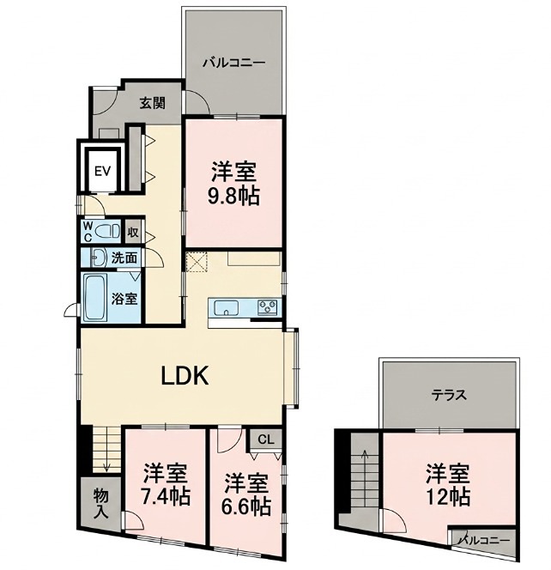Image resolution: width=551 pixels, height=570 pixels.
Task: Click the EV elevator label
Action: pyautogui.click(x=102, y=171)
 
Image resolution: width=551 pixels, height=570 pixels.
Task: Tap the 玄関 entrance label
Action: pyautogui.click(x=153, y=103)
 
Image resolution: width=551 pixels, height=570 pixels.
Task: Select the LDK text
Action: pyautogui.click(x=185, y=375)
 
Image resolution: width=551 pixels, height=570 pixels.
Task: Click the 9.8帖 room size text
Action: pyautogui.click(x=233, y=197)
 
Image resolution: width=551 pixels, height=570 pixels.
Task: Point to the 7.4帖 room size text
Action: pyautogui.click(x=166, y=495)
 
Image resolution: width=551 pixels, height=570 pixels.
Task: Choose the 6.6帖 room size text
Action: pyautogui.click(x=246, y=506)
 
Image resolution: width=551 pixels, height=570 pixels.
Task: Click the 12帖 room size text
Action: pyautogui.click(x=448, y=496)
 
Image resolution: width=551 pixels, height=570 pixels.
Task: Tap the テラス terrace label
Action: pyautogui.click(x=449, y=395)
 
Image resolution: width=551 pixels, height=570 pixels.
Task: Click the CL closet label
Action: pyautogui.click(x=265, y=440)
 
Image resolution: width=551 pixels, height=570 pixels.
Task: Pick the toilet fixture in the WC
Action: pyautogui.click(x=107, y=231)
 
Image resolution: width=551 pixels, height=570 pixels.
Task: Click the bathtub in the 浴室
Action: pyautogui.click(x=95, y=297)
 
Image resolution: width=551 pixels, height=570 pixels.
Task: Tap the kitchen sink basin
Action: pyautogui.click(x=226, y=308)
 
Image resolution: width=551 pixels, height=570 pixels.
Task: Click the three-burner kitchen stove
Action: pyautogui.click(x=267, y=307)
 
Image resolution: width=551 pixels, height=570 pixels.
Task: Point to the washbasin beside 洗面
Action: pyautogui.click(x=99, y=258)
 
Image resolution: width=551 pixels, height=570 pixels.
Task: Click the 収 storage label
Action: pyautogui.click(x=133, y=232)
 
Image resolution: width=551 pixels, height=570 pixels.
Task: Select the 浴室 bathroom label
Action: pyautogui.click(x=124, y=299)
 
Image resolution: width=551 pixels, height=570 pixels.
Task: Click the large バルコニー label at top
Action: pyautogui.click(x=234, y=63)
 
